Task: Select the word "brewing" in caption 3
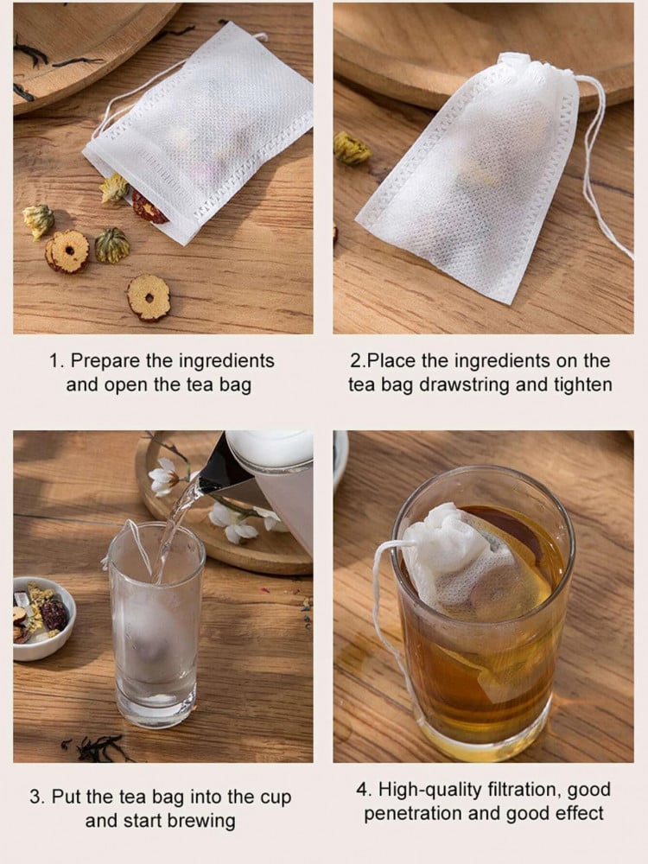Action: [x=201, y=821]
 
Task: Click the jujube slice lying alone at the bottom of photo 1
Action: [x=149, y=297]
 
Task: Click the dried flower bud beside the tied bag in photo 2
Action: [x=351, y=148]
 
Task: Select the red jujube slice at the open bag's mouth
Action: [x=149, y=208]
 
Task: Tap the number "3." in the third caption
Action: [x=38, y=797]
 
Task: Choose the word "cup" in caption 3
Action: [x=275, y=798]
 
